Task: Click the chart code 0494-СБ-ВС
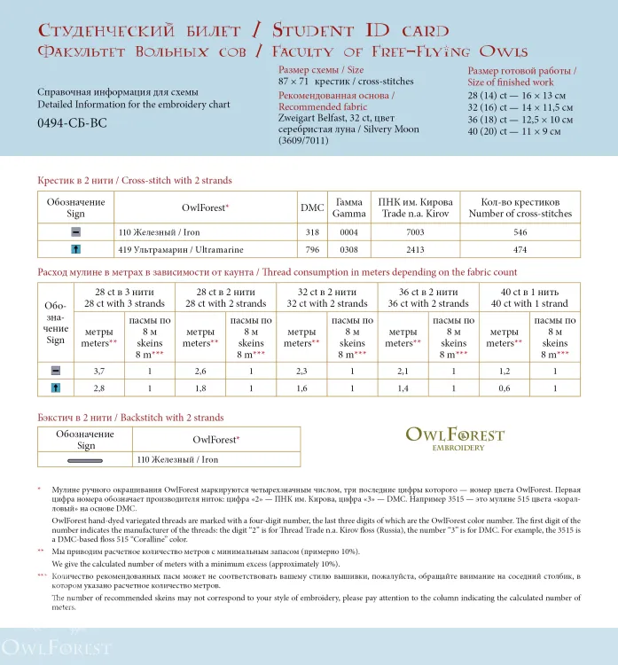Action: coord(72,123)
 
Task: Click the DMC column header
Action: coord(312,207)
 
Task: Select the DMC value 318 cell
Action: coord(312,232)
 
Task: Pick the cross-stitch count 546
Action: coord(520,232)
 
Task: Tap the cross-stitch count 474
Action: coord(520,250)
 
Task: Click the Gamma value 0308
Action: coord(348,250)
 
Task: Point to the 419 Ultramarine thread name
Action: coord(168,250)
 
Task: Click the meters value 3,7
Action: coord(99,371)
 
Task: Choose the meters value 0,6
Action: coord(504,388)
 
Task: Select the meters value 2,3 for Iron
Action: coord(301,371)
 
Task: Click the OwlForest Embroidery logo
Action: coord(454,438)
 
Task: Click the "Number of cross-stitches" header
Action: coord(520,214)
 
